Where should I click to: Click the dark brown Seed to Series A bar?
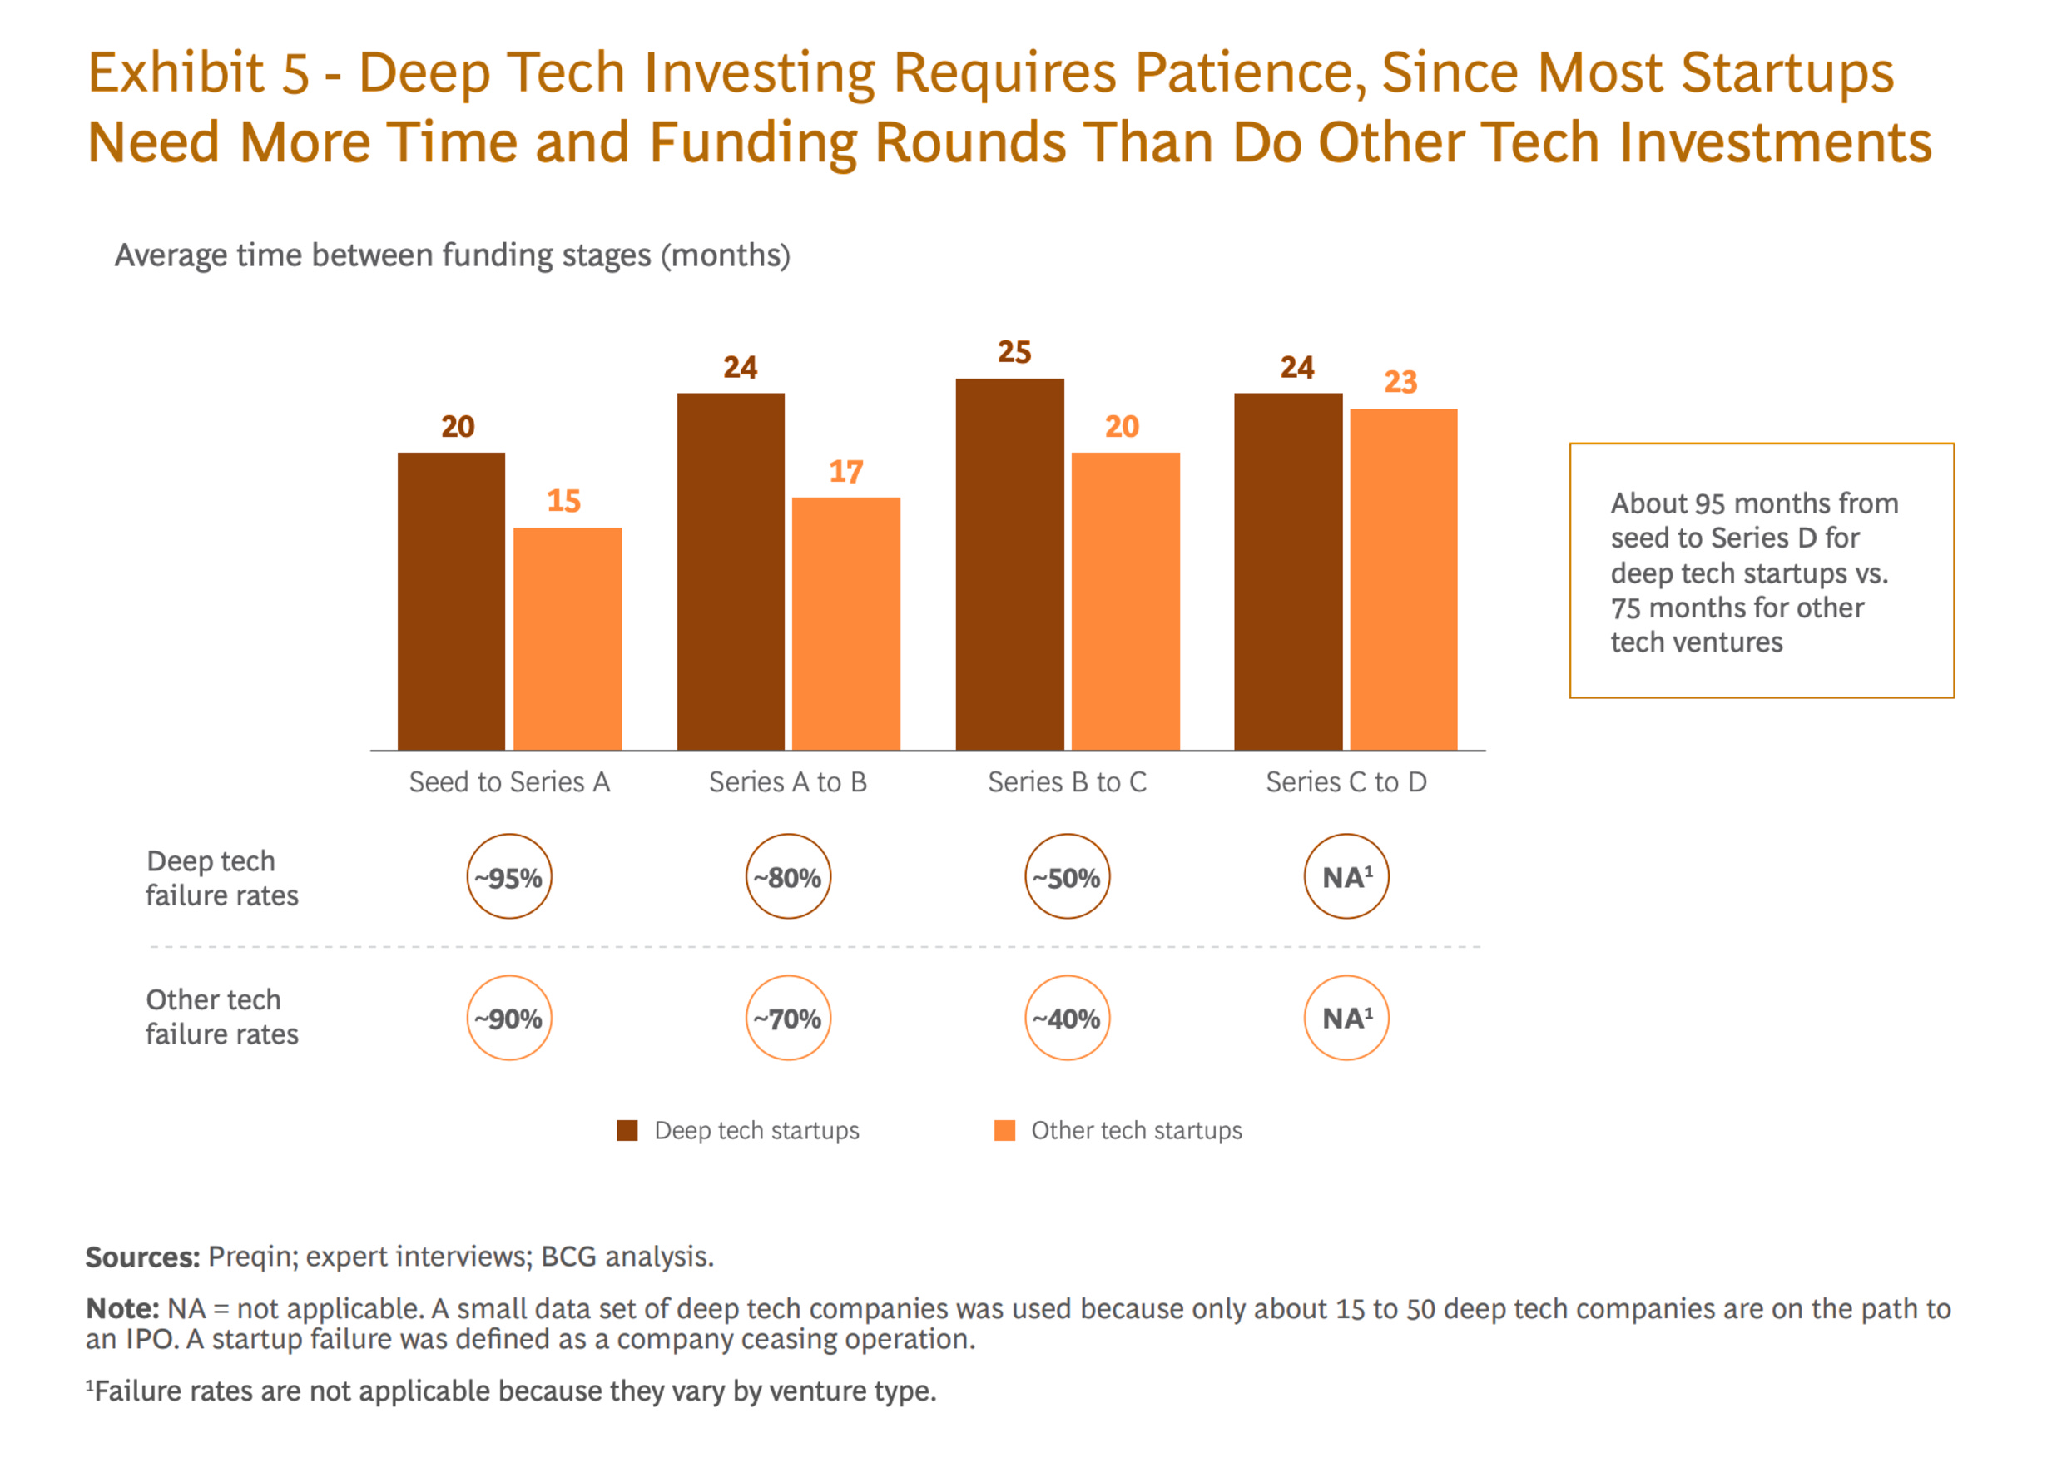(x=451, y=601)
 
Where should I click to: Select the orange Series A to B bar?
(x=845, y=623)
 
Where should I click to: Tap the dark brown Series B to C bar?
(x=1009, y=564)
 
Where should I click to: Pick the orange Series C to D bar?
(x=1403, y=579)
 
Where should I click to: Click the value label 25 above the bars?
(x=1014, y=352)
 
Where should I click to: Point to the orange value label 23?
(x=1400, y=382)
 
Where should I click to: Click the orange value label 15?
(x=564, y=501)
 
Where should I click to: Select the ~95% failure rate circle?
(x=509, y=876)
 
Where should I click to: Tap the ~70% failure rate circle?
(x=788, y=1018)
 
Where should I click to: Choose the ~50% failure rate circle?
(x=1068, y=876)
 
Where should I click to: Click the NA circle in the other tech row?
(x=1346, y=1018)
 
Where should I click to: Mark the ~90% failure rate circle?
(x=509, y=1018)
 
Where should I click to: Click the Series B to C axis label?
(x=1068, y=782)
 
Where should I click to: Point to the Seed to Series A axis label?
(x=509, y=782)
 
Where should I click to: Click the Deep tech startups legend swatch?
(x=627, y=1131)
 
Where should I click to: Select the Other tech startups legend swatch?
(x=1004, y=1131)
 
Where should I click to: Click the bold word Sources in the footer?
(x=142, y=1257)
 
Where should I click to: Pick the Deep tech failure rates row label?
(x=221, y=877)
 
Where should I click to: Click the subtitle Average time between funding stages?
(x=452, y=255)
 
